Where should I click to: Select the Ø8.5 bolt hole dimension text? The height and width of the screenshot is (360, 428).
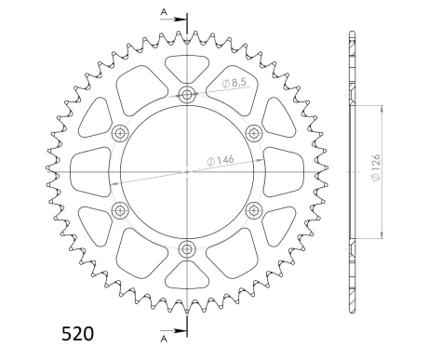pos(236,85)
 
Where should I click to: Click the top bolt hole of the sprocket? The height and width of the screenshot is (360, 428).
pos(187,95)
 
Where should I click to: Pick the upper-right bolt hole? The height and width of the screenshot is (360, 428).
pos(253,133)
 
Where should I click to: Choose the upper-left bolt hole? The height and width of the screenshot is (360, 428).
pos(121,133)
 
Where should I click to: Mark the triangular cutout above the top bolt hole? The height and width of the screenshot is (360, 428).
pos(187,67)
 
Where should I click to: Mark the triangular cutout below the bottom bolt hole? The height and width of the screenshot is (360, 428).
pos(187,275)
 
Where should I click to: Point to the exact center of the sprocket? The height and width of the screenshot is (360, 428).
pos(187,171)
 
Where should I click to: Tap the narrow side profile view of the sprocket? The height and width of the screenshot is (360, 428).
pos(351,171)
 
